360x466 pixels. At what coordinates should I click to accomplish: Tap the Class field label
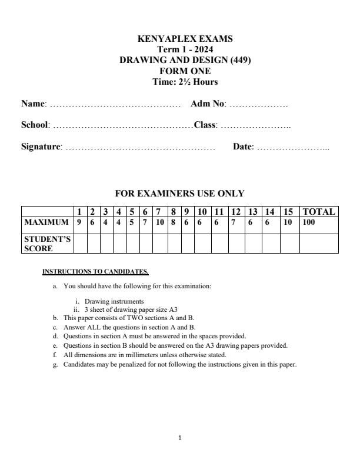pyautogui.click(x=206, y=125)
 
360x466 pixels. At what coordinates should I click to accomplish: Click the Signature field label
pyautogui.click(x=42, y=147)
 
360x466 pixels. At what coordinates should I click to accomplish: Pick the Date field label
pyautogui.click(x=244, y=147)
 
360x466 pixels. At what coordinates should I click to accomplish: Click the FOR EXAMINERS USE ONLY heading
pyautogui.click(x=179, y=194)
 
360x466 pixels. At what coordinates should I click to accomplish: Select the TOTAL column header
pyautogui.click(x=319, y=212)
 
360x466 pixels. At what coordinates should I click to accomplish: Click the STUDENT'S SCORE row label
pyautogui.click(x=46, y=244)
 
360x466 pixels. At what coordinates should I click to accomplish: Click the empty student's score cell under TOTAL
pyautogui.click(x=319, y=244)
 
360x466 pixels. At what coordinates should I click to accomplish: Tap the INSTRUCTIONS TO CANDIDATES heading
pyautogui.click(x=95, y=272)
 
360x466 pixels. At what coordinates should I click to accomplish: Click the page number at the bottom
pyautogui.click(x=180, y=437)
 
